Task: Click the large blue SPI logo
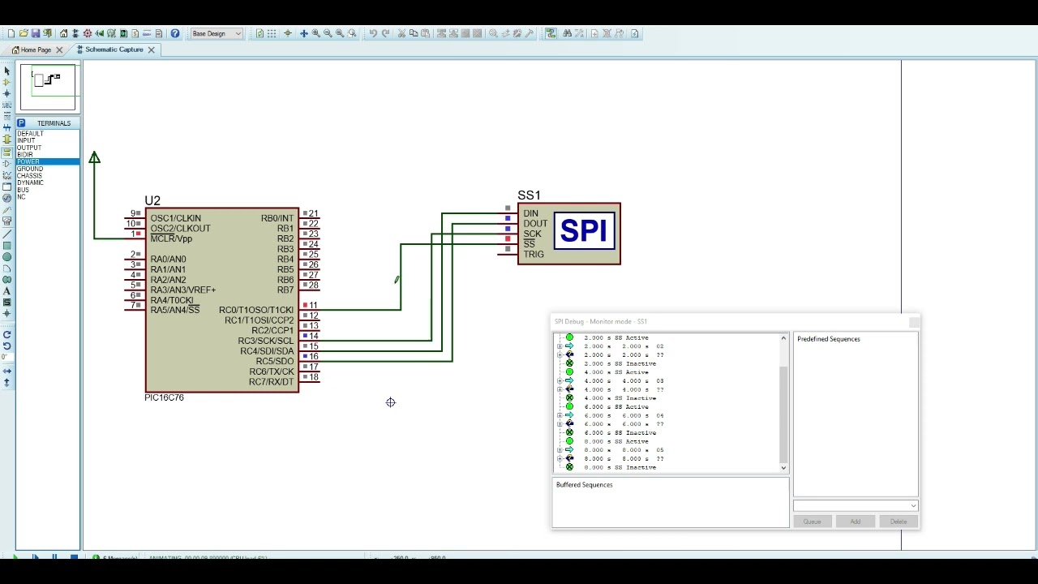tap(583, 232)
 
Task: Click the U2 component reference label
tap(152, 200)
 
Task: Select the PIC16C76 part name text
tap(164, 397)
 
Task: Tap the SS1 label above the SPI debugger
tap(529, 195)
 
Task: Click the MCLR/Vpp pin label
tap(171, 238)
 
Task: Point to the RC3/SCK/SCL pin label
tap(266, 341)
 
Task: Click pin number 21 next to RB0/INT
tap(313, 213)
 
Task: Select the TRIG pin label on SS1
tap(534, 255)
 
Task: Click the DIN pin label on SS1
tap(530, 213)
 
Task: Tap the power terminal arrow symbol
tap(95, 157)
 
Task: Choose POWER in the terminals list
tap(28, 162)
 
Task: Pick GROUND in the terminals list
tap(30, 169)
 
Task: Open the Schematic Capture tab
tap(114, 49)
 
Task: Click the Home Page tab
tap(36, 49)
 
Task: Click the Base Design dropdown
tap(216, 34)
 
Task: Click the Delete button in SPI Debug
tap(898, 522)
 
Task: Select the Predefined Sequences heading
tap(828, 339)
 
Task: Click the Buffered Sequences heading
tap(584, 485)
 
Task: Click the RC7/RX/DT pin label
tap(272, 382)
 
